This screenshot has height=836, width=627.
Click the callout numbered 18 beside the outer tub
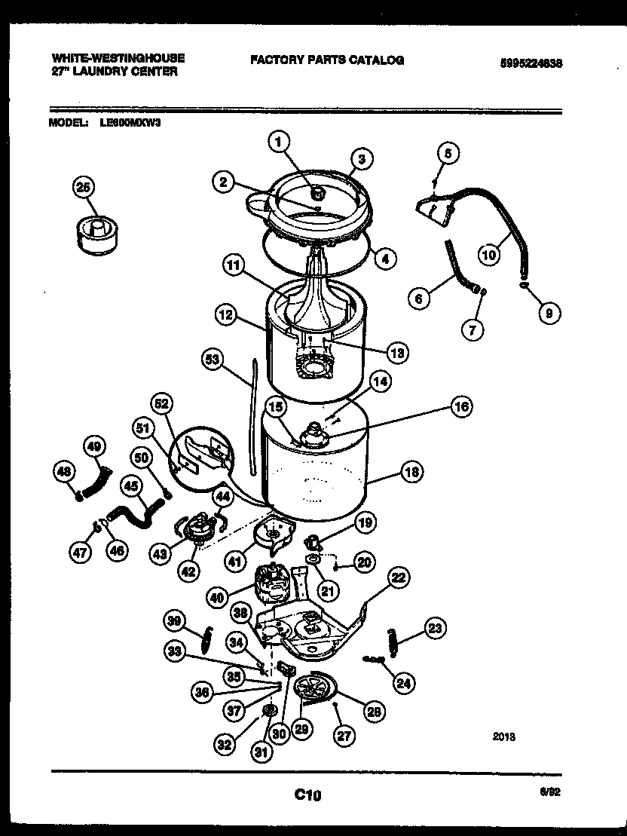point(411,473)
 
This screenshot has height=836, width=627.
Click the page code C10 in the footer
point(307,794)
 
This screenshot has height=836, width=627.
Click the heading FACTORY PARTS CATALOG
point(327,60)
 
